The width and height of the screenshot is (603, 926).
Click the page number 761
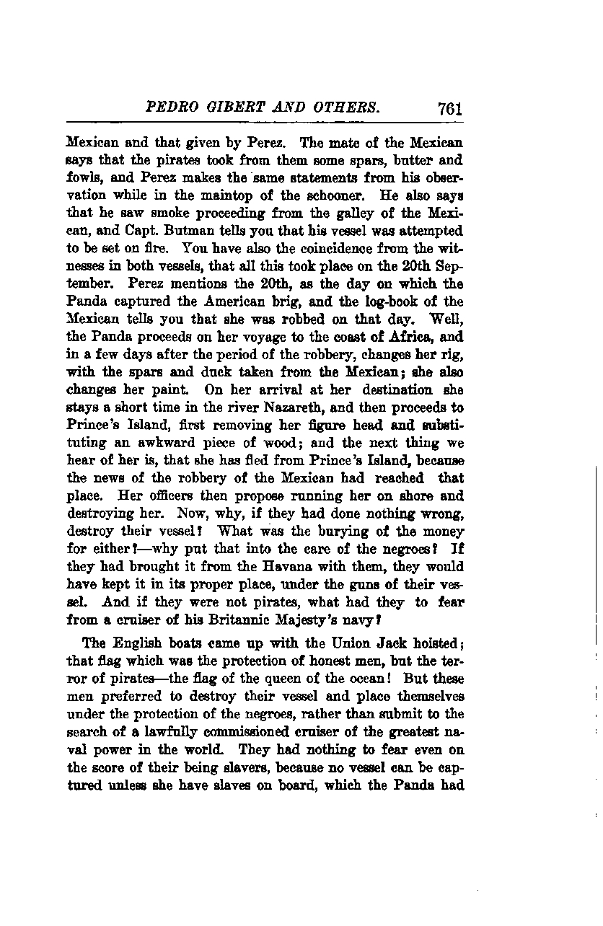(x=448, y=109)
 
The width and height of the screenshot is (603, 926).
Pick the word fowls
(x=82, y=177)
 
